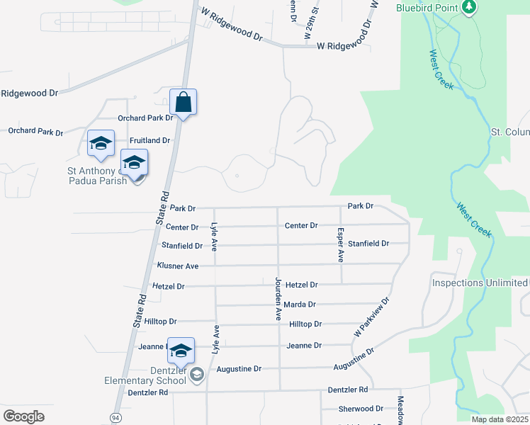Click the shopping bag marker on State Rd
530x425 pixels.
tap(183, 103)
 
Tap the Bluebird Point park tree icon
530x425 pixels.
tap(468, 7)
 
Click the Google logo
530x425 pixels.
tap(24, 416)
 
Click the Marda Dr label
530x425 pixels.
tap(301, 305)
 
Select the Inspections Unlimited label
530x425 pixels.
tap(480, 283)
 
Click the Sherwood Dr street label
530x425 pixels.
tap(361, 409)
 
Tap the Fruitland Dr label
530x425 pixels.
tap(150, 140)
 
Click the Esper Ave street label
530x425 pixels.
tap(341, 245)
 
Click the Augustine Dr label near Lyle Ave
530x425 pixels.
tap(239, 369)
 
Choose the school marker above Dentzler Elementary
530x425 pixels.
tap(181, 351)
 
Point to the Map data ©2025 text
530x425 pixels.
tap(500, 419)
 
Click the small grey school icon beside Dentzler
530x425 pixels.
tap(196, 374)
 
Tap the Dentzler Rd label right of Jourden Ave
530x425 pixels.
tap(348, 390)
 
